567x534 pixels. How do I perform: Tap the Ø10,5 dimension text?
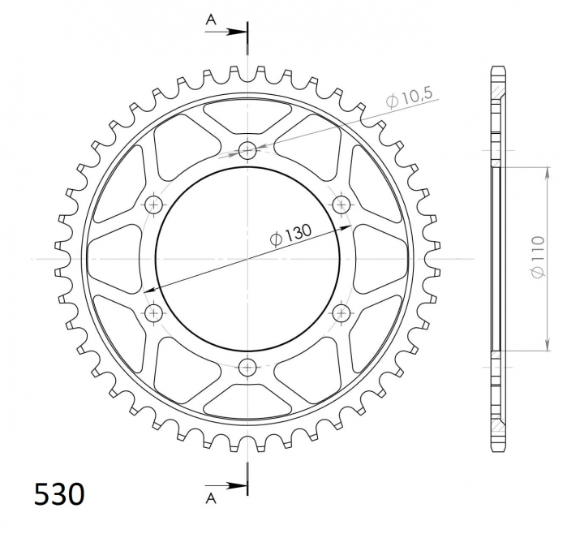point(409,97)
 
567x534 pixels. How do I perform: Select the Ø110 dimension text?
point(538,257)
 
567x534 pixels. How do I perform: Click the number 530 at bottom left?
point(59,494)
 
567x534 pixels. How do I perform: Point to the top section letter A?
point(211,20)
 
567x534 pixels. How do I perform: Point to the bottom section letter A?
point(211,498)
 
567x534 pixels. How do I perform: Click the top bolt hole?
point(247,150)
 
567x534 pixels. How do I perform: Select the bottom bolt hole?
point(247,368)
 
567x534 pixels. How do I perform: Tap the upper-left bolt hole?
point(153,205)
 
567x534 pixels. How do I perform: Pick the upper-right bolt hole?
point(341,205)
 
